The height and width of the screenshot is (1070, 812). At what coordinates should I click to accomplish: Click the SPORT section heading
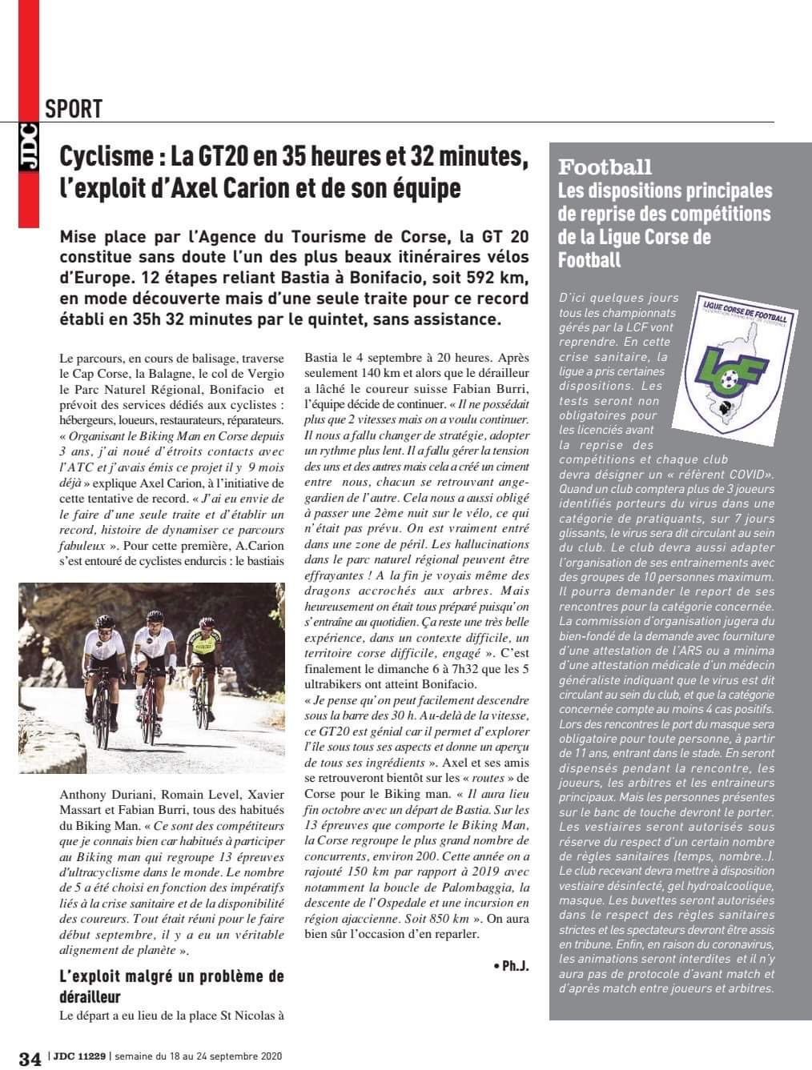(x=74, y=109)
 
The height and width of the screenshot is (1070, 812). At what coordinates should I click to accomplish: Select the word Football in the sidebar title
(x=605, y=167)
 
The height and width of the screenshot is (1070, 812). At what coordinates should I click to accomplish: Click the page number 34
(x=30, y=1058)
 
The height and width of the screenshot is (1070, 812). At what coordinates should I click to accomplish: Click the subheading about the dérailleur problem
(x=171, y=986)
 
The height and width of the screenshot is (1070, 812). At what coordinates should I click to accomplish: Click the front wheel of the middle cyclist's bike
(x=147, y=720)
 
